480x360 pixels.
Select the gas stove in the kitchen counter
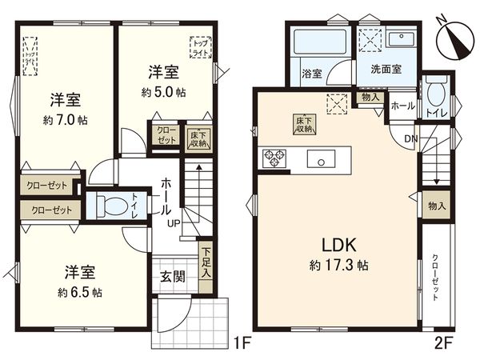[x=274, y=158]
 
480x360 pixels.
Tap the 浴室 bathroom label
[x=311, y=74]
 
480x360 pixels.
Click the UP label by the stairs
[x=174, y=222]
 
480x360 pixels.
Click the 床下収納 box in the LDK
[x=303, y=124]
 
